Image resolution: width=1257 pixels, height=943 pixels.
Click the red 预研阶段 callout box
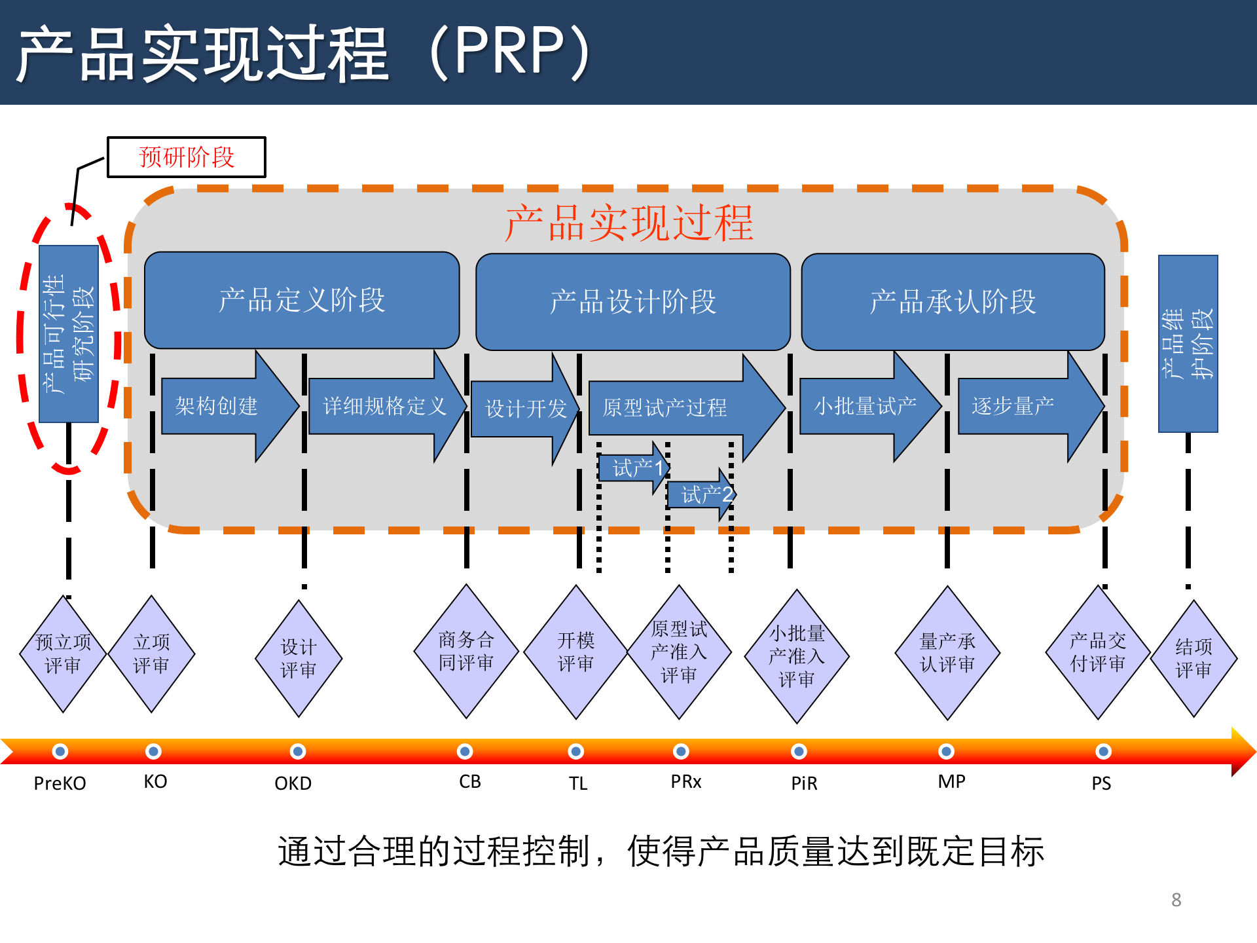[x=187, y=157]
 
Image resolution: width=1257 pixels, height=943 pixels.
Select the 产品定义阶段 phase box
[x=302, y=301]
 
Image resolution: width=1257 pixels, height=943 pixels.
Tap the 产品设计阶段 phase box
[x=633, y=302]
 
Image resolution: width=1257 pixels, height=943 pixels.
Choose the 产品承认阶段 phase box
[x=953, y=302]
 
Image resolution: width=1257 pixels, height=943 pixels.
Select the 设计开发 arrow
[x=524, y=409]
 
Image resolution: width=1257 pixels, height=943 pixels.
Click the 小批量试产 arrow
[x=864, y=407]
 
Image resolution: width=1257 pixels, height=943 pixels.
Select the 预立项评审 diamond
[x=63, y=654]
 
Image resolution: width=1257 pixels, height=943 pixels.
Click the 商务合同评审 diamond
[x=466, y=652]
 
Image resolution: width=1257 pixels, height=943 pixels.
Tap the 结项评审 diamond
[x=1193, y=658]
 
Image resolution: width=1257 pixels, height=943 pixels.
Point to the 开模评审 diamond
[x=576, y=652]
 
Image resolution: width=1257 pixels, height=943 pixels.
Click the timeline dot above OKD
[x=298, y=751]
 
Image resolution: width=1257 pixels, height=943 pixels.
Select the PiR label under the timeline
[x=804, y=783]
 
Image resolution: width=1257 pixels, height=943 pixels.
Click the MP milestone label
[x=951, y=782]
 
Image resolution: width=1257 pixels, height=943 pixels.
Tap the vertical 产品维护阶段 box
[x=1188, y=344]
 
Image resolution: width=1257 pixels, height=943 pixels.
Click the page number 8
[x=1176, y=900]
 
